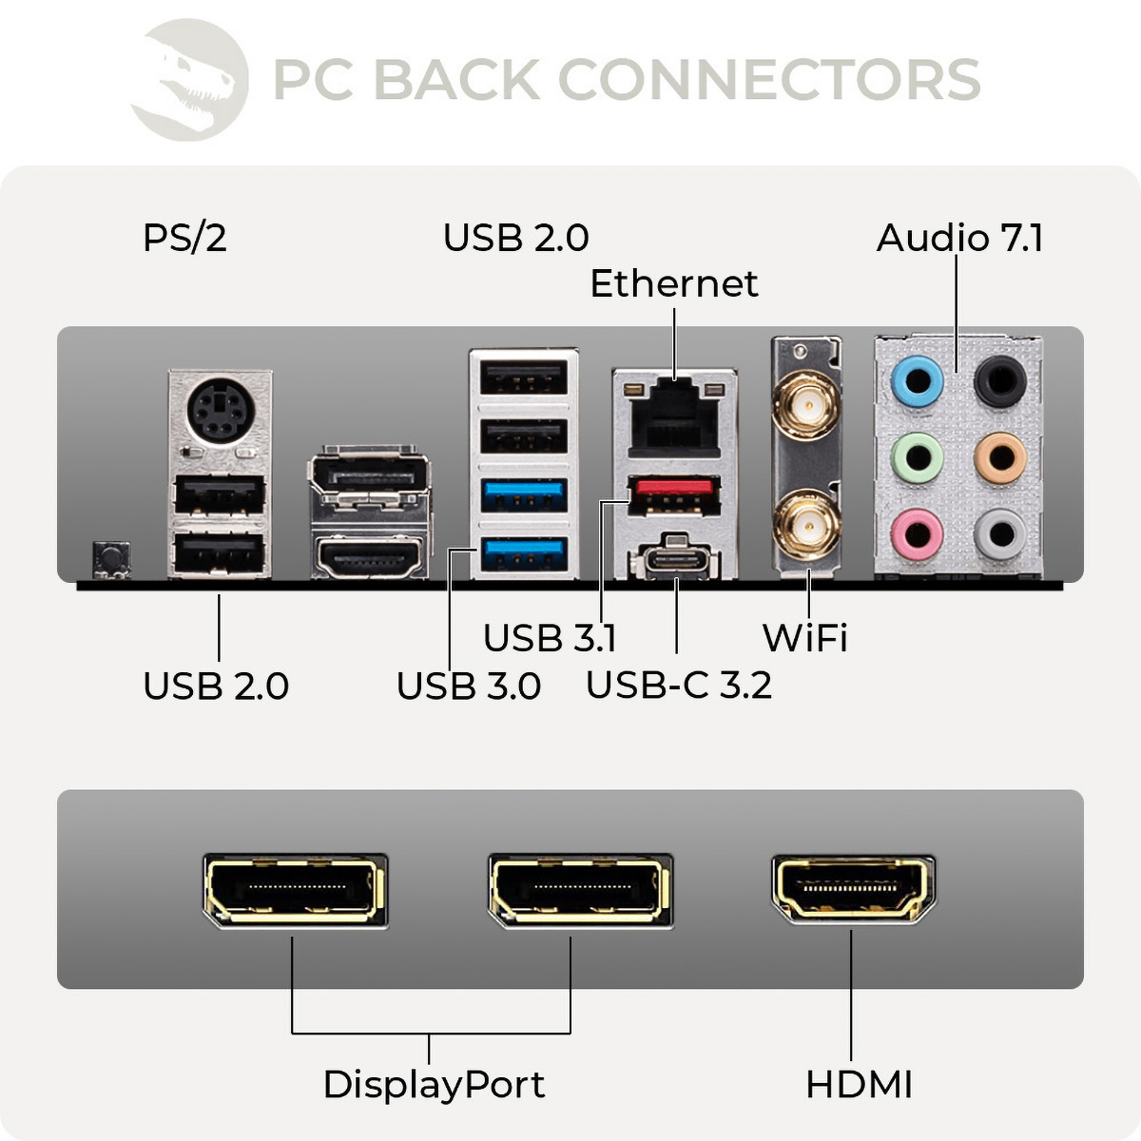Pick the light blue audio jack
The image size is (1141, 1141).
tap(918, 382)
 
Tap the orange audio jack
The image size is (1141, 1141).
tap(1000, 458)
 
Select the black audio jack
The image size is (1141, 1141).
tap(1000, 381)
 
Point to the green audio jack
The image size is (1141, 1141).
tap(918, 458)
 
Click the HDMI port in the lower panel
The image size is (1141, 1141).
tap(853, 890)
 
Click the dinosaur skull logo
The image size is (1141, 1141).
tap(190, 80)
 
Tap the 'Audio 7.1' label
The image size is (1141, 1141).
tap(959, 238)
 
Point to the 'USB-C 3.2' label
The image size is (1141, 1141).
tap(678, 685)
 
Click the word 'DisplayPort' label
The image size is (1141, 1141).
tap(434, 1084)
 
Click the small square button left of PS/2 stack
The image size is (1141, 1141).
tap(111, 558)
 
